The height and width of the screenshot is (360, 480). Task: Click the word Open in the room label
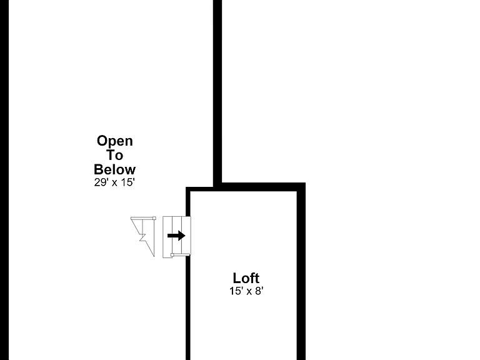coord(115,141)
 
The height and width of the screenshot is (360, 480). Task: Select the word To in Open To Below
coord(115,155)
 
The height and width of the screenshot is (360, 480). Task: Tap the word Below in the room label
coord(115,169)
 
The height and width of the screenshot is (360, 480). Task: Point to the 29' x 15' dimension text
coord(114,182)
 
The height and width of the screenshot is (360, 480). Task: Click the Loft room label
coord(246,278)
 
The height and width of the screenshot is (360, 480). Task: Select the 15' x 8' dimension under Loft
coord(246,291)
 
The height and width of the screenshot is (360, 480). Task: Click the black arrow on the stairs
coord(176,236)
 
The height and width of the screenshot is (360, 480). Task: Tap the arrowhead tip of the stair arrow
coord(185,236)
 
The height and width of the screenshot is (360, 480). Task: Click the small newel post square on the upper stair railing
coord(154,218)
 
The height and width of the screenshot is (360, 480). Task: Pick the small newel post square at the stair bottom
coord(172,255)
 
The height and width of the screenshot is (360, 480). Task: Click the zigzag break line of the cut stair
coord(142,237)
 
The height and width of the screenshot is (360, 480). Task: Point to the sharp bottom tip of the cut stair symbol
coord(154,256)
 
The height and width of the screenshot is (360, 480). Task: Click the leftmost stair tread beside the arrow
coord(167,237)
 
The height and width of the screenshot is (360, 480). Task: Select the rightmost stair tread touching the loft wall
coord(186,235)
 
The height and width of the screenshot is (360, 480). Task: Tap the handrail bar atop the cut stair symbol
coord(142,218)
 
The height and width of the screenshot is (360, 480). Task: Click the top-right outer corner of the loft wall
coord(305,182)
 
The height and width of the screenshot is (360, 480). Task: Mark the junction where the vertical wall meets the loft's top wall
coord(217,187)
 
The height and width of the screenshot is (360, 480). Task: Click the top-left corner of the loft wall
coord(186,187)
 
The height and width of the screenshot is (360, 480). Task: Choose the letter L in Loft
coord(237,278)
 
